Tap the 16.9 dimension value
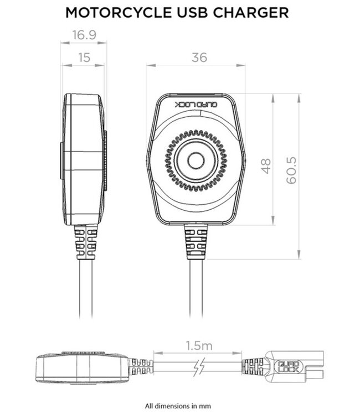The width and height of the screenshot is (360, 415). point(83,35)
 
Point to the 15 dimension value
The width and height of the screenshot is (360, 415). point(83,57)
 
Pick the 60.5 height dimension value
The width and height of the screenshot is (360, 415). point(292,169)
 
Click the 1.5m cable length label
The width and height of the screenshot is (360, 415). point(198,346)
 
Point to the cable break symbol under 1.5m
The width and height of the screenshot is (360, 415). point(198,367)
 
